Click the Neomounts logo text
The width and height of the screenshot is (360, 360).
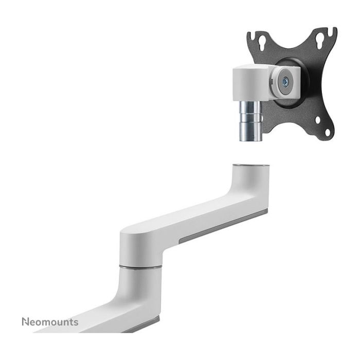tap(50, 322)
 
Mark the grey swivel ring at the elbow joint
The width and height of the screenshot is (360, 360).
tap(140, 266)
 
